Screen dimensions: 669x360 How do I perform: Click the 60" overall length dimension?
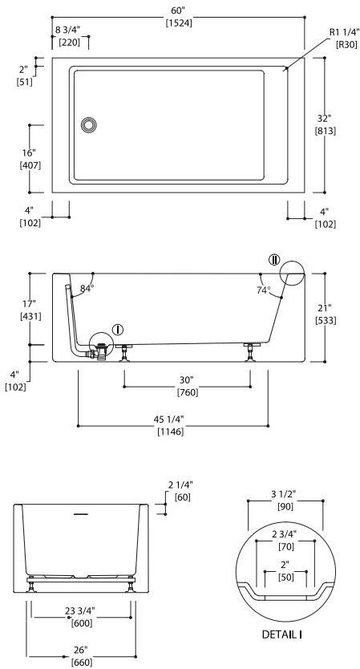pos(177,8)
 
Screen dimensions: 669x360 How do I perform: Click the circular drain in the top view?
pos(89,124)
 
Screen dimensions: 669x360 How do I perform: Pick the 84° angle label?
pos(87,288)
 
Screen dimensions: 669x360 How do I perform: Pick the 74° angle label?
pos(263,290)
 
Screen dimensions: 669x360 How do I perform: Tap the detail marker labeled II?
pos(274,260)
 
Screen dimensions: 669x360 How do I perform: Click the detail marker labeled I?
pos(118,329)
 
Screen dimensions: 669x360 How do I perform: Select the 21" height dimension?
pos(325,308)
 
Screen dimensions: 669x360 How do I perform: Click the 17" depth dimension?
pos(30,304)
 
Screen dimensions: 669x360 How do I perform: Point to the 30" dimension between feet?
pos(187,380)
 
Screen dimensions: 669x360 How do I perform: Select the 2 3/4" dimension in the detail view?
pos(285,534)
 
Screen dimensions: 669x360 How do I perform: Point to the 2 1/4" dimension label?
pos(182,485)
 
